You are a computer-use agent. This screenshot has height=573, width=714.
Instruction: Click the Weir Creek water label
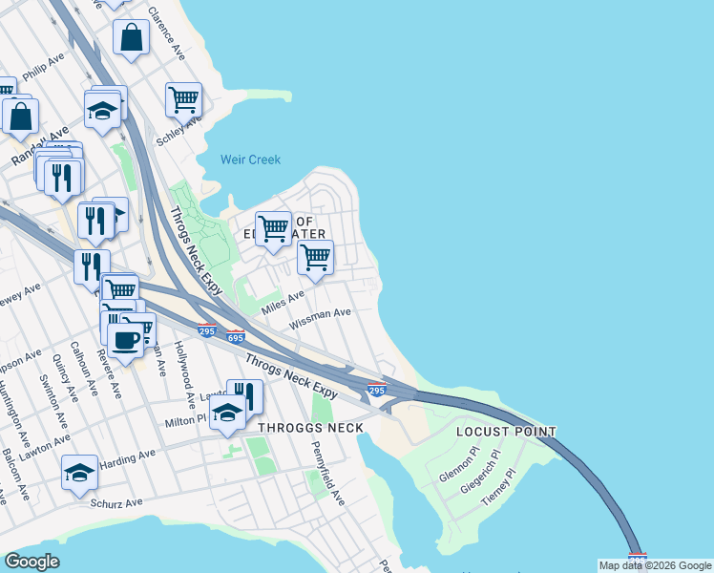(x=250, y=159)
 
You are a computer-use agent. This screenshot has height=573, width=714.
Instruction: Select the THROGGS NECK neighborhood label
(x=308, y=428)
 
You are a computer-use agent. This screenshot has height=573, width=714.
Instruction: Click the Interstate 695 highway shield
(x=236, y=337)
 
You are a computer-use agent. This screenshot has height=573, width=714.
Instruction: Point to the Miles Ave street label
(x=283, y=300)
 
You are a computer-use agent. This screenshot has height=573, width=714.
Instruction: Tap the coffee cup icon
(x=127, y=338)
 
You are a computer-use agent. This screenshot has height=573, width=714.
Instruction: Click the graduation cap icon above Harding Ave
(x=80, y=472)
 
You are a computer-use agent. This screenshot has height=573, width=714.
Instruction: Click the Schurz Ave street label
(x=115, y=502)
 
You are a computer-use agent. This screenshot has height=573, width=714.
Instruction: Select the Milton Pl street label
(x=186, y=418)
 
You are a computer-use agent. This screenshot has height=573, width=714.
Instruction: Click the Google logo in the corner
(x=31, y=562)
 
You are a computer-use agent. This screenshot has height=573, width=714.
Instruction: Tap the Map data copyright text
(x=655, y=565)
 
